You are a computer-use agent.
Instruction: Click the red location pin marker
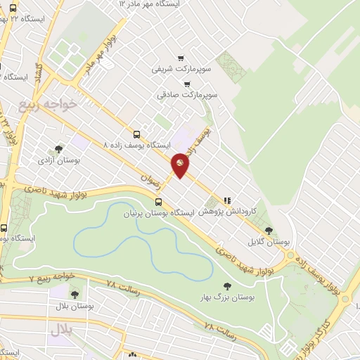[x=181, y=164]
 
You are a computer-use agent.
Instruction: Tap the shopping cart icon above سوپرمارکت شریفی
[x=181, y=58]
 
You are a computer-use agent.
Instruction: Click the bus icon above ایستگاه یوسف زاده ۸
[x=136, y=134]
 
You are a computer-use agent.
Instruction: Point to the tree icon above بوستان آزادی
[x=58, y=148]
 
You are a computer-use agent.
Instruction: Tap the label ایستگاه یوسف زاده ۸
[x=136, y=144]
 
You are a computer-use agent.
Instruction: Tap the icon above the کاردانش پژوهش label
[x=226, y=200]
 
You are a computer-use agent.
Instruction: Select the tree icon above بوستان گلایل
[x=269, y=230]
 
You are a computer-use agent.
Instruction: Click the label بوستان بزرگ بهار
[x=226, y=297]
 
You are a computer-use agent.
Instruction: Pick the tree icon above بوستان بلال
[x=75, y=295]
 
